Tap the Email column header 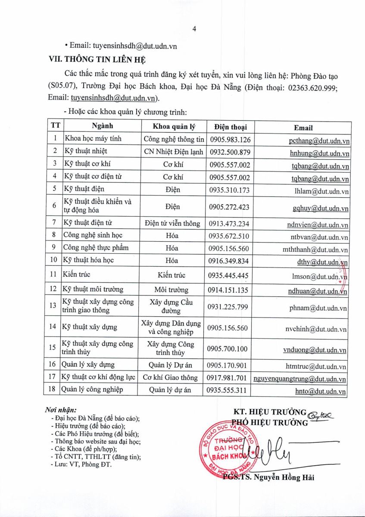[x=303, y=128]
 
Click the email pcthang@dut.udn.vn [x=319, y=140]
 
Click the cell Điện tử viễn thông [x=172, y=223]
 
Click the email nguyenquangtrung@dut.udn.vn [x=300, y=379]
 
